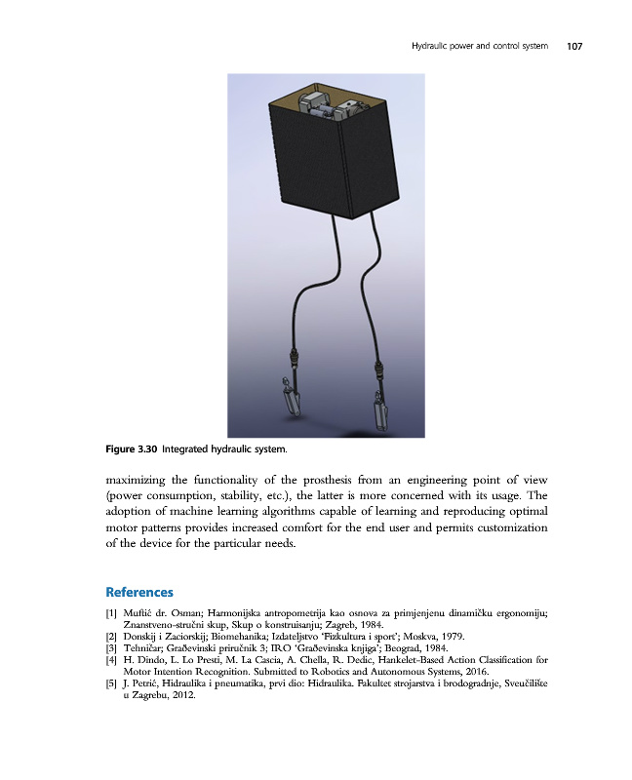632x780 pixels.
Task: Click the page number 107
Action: [x=573, y=45]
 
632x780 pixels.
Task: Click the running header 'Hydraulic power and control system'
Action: [x=478, y=45]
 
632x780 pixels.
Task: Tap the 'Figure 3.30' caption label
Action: [x=131, y=449]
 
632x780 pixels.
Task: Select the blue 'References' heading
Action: [x=138, y=592]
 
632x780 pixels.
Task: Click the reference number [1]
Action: [x=110, y=612]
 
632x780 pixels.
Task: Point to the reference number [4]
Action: [x=110, y=660]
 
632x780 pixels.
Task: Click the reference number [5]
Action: [x=110, y=685]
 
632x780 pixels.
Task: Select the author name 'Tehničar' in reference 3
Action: [x=143, y=648]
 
